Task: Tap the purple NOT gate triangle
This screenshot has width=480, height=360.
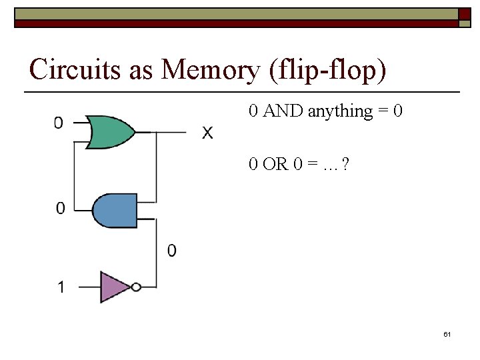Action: (114, 287)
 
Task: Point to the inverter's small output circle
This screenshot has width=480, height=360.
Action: (136, 287)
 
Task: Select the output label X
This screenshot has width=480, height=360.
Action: (208, 133)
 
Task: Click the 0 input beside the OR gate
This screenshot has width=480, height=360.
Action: (59, 123)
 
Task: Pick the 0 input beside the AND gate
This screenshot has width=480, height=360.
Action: (60, 209)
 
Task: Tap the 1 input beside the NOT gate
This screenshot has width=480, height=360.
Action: (61, 288)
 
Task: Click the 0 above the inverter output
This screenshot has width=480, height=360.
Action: (172, 251)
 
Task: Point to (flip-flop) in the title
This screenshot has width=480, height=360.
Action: (328, 69)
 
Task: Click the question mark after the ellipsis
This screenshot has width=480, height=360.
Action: (345, 163)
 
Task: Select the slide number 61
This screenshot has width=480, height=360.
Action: (447, 334)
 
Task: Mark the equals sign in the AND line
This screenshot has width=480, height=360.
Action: (383, 111)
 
